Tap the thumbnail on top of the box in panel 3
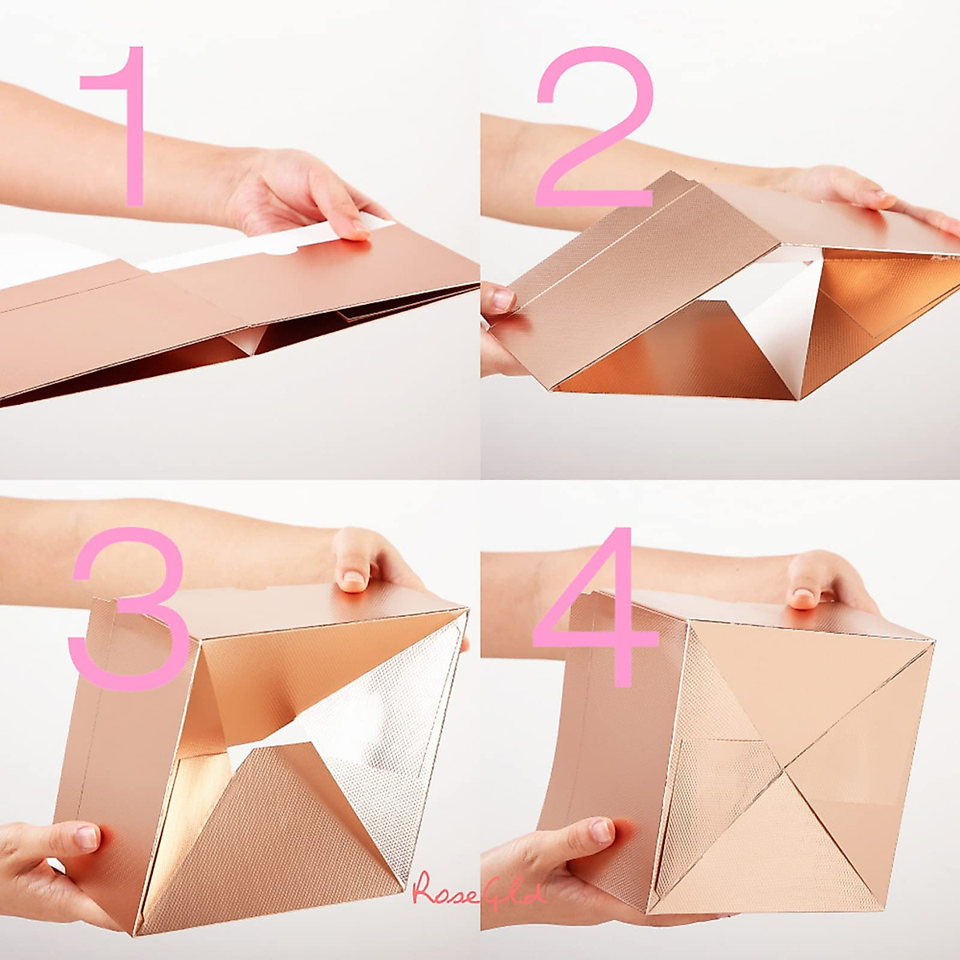coord(353,578)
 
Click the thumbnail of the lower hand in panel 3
coord(86,837)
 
